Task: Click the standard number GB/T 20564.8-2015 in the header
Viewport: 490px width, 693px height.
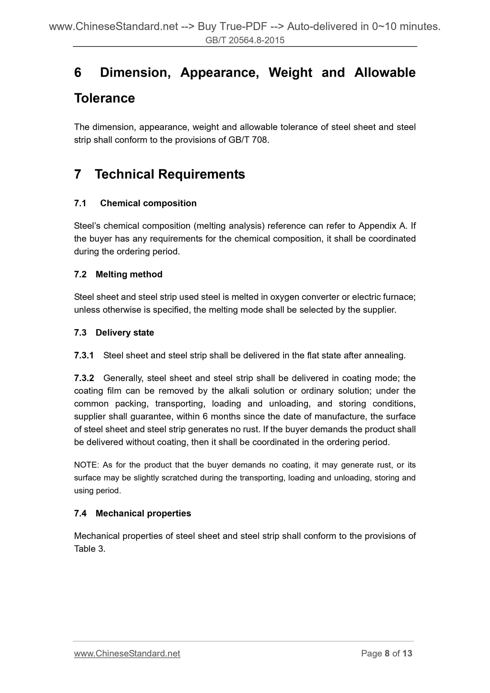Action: (245, 40)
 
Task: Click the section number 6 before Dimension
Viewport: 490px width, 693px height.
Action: (78, 73)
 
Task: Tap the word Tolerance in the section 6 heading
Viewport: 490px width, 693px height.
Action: (104, 98)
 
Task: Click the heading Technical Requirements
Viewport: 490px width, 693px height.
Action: (170, 174)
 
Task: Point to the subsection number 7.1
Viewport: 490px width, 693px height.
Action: (80, 203)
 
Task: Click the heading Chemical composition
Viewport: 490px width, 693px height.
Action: (148, 203)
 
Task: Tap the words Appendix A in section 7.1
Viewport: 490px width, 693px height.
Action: (383, 226)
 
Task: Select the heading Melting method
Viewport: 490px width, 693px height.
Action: (129, 274)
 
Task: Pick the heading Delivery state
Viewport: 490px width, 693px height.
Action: (124, 333)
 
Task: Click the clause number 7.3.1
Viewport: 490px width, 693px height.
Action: (83, 356)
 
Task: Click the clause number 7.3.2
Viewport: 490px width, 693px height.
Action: (84, 378)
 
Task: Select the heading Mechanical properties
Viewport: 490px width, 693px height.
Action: (143, 513)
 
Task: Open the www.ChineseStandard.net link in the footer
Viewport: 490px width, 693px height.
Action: (127, 653)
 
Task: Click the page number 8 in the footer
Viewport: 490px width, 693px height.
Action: (387, 653)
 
